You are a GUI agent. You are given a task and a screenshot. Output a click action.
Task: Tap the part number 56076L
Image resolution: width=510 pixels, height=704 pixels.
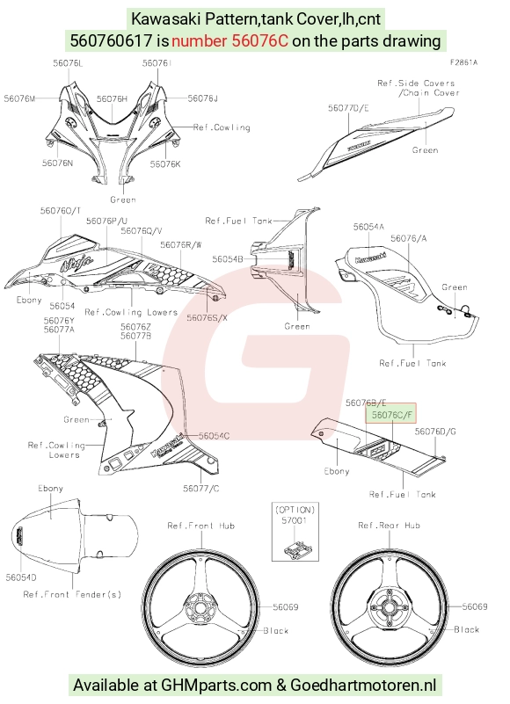click(x=68, y=63)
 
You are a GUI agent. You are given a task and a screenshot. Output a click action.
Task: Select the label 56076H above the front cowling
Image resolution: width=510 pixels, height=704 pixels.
click(x=112, y=98)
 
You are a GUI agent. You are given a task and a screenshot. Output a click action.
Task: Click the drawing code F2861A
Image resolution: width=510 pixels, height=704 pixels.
click(x=464, y=62)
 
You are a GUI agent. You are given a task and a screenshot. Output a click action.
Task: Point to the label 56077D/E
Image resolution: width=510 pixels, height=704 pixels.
click(x=349, y=108)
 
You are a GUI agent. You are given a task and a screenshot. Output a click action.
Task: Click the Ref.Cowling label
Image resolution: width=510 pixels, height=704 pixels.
click(x=222, y=127)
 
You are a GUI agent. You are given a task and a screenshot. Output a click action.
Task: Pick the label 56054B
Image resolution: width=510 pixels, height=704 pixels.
click(x=228, y=259)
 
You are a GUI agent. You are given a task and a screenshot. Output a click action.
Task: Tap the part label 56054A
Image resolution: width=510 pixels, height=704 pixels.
click(x=368, y=227)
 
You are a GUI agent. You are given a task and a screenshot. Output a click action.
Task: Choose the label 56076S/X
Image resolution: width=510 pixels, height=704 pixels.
click(x=208, y=318)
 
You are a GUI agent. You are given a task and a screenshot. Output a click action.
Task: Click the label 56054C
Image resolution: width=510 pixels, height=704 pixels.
click(x=214, y=436)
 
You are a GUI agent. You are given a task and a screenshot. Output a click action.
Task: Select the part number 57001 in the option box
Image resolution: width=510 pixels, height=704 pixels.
click(x=295, y=520)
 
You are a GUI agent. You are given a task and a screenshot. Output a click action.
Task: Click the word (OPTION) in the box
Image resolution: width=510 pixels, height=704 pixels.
click(x=295, y=510)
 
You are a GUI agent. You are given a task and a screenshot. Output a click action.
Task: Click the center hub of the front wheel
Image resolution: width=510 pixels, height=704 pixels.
click(x=200, y=607)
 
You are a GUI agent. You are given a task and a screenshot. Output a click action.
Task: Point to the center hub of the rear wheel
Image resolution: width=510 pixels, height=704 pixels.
click(x=390, y=608)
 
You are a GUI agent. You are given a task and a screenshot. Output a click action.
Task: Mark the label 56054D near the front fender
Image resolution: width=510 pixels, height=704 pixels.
click(x=21, y=577)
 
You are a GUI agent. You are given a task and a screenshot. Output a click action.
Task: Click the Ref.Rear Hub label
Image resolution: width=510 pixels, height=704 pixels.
click(x=390, y=526)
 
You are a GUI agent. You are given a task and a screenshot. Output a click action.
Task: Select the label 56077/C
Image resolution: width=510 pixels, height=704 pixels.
click(x=201, y=488)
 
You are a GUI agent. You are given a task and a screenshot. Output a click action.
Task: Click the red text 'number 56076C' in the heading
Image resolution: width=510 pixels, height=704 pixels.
click(x=229, y=41)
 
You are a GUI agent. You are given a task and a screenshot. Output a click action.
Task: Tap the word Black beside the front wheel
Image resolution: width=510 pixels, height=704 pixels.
click(x=276, y=631)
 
